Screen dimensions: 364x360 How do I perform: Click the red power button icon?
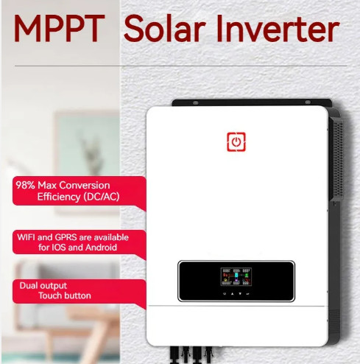point(236,141)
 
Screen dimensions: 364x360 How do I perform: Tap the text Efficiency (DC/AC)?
point(78,197)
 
